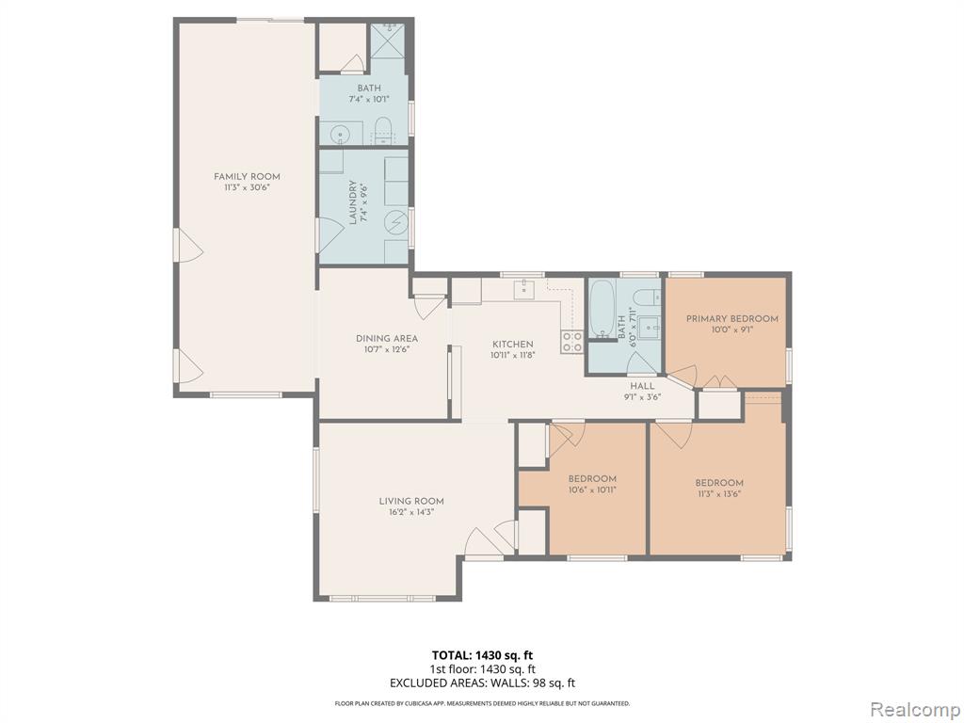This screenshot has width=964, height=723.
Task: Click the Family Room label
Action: coord(248,177)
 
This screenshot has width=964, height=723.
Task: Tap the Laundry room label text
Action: coord(353,202)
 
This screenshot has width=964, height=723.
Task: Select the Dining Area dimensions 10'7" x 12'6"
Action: coord(387,349)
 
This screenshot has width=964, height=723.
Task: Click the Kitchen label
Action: coord(512,345)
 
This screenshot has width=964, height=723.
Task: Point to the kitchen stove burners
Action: coord(572,342)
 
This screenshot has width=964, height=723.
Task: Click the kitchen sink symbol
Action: coord(524,288)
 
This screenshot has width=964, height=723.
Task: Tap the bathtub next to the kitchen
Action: coord(602,310)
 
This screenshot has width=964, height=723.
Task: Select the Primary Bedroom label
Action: coord(732,318)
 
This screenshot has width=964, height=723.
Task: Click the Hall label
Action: coord(642,386)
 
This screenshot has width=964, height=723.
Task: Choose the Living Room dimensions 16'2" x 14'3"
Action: coord(411,512)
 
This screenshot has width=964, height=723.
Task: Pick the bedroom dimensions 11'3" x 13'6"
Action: coord(719,493)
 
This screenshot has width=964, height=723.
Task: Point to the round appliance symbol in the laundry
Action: coord(396,219)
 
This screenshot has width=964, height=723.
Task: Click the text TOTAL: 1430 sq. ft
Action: coord(483,655)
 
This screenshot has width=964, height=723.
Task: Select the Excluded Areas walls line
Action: coord(483,683)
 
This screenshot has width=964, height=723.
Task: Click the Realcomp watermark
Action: coord(914,709)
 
